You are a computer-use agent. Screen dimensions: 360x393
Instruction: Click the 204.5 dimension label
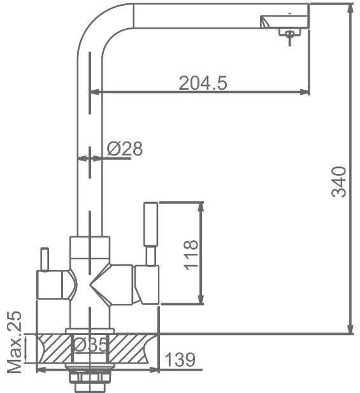pos(203,83)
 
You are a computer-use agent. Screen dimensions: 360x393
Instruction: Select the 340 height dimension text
pos(339,182)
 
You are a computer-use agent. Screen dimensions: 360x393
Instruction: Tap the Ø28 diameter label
pos(125,148)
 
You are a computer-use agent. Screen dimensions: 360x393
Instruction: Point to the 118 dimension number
pos(191,255)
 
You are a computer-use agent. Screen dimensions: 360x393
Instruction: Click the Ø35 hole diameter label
pos(90,345)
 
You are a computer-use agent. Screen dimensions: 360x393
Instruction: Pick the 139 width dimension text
pos(180,359)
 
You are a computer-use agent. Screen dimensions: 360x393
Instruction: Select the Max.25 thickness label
pos(14,342)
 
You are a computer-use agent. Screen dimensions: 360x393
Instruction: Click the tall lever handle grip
pos(150,224)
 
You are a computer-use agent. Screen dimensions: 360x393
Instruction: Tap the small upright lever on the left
pos(45,259)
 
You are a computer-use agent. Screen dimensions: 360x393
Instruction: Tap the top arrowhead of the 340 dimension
pos(350,8)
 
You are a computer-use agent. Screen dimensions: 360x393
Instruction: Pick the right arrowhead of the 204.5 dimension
pos(305,92)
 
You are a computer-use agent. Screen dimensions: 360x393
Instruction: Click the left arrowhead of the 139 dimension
pos(41,369)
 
